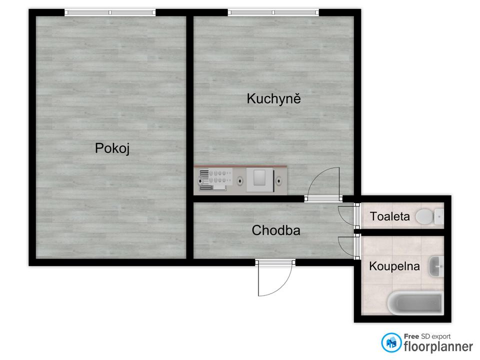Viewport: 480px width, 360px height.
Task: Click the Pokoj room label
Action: tap(112, 148)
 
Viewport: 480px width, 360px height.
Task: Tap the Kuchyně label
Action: tap(273, 98)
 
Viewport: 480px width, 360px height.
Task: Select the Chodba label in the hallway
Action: tap(275, 230)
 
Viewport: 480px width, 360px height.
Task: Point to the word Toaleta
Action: tap(390, 217)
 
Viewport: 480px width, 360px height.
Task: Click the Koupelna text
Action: tap(394, 266)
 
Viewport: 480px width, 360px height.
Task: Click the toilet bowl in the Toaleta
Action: tap(424, 217)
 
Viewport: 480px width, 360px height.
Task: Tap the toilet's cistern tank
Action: tap(439, 217)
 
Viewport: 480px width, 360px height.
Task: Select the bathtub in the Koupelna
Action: tap(415, 302)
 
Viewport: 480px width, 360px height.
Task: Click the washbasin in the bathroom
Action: tap(436, 266)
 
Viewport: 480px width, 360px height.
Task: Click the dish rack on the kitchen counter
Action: tap(205, 180)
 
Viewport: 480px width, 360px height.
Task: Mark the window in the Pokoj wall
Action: tap(110, 12)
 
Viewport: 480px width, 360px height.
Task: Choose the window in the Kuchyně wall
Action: tap(273, 12)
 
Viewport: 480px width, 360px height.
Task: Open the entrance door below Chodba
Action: tap(274, 277)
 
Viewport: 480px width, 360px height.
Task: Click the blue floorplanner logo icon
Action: tap(391, 342)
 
